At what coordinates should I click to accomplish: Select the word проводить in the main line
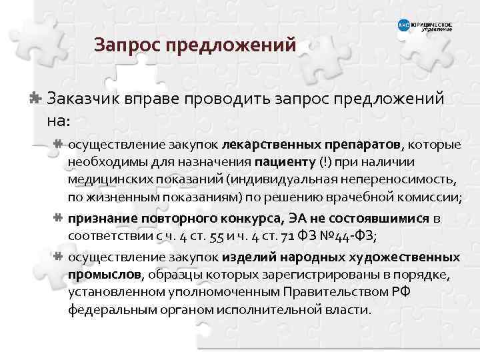click(x=227, y=99)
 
